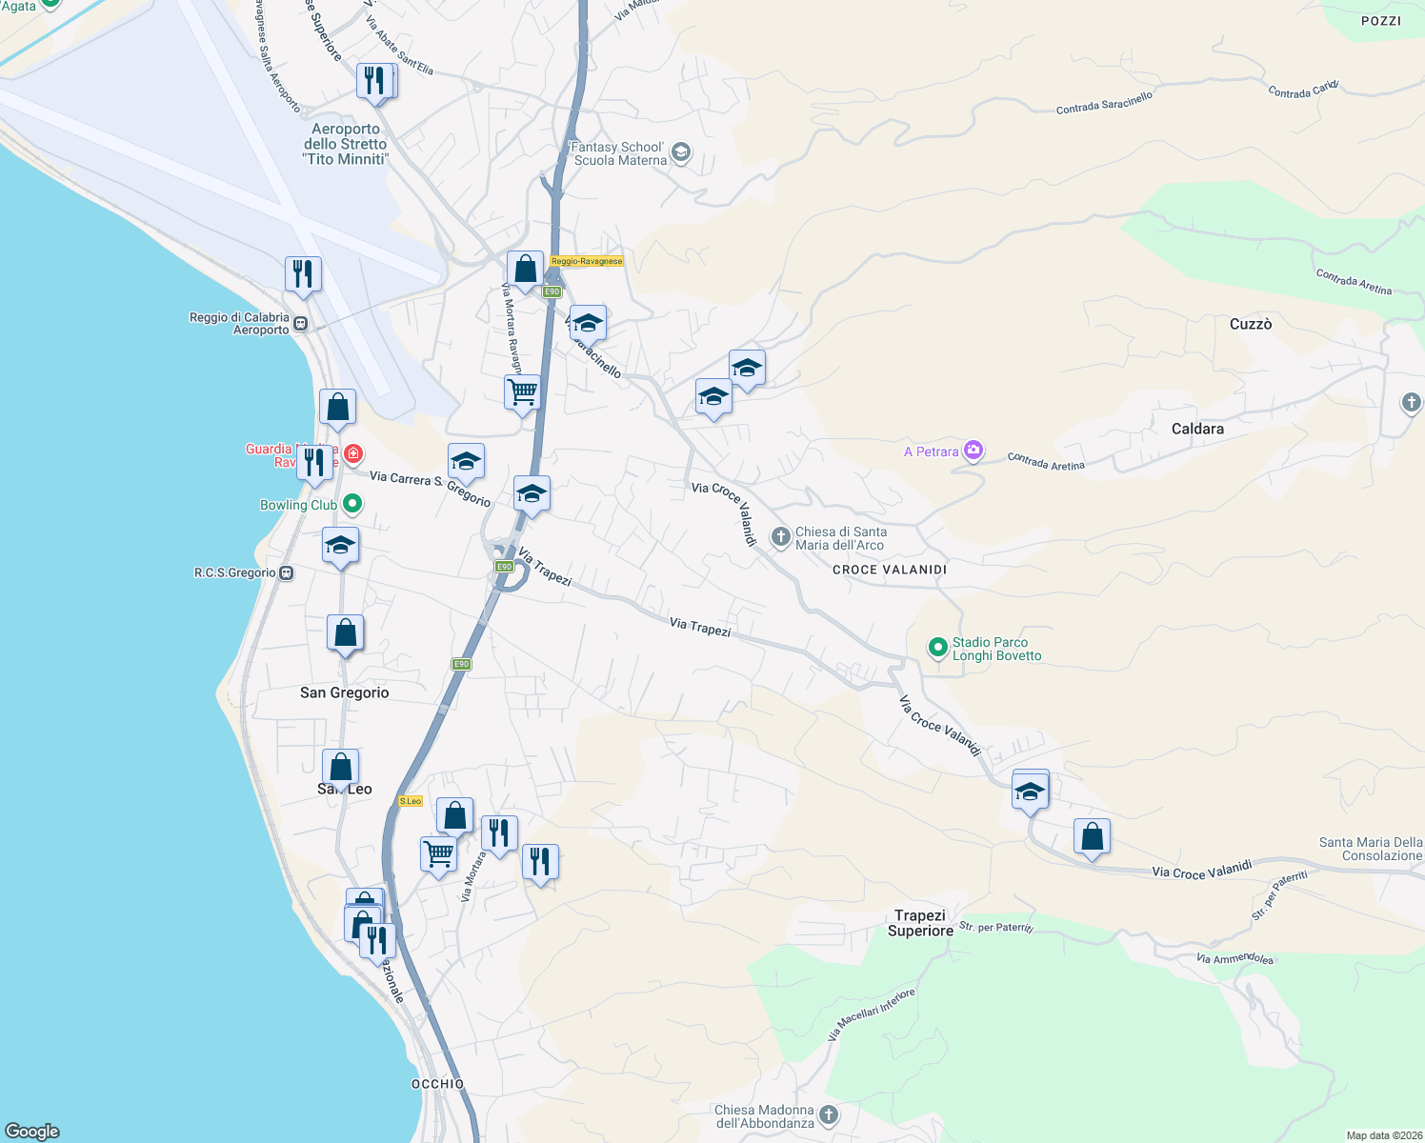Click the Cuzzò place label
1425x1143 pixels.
1250,324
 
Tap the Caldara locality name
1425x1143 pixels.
1197,429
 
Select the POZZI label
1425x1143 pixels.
1380,21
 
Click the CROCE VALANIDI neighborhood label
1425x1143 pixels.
890,570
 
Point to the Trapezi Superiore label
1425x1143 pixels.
920,923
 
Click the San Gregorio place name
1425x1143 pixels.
344,692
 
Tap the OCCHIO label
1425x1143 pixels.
438,1084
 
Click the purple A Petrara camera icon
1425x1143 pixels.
973,451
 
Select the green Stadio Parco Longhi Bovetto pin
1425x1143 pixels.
937,648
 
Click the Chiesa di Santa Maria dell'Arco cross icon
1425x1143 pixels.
780,538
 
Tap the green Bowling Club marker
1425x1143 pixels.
352,504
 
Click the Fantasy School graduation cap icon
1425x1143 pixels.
680,152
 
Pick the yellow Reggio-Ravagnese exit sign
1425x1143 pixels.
587,261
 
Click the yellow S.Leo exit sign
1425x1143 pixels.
411,801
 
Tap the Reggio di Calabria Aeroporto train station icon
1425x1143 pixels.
301,323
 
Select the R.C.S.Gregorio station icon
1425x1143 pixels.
287,573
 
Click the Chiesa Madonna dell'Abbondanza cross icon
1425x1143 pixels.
829,1115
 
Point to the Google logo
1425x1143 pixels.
32,1131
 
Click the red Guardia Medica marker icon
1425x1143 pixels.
353,453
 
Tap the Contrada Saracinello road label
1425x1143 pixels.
1104,103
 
